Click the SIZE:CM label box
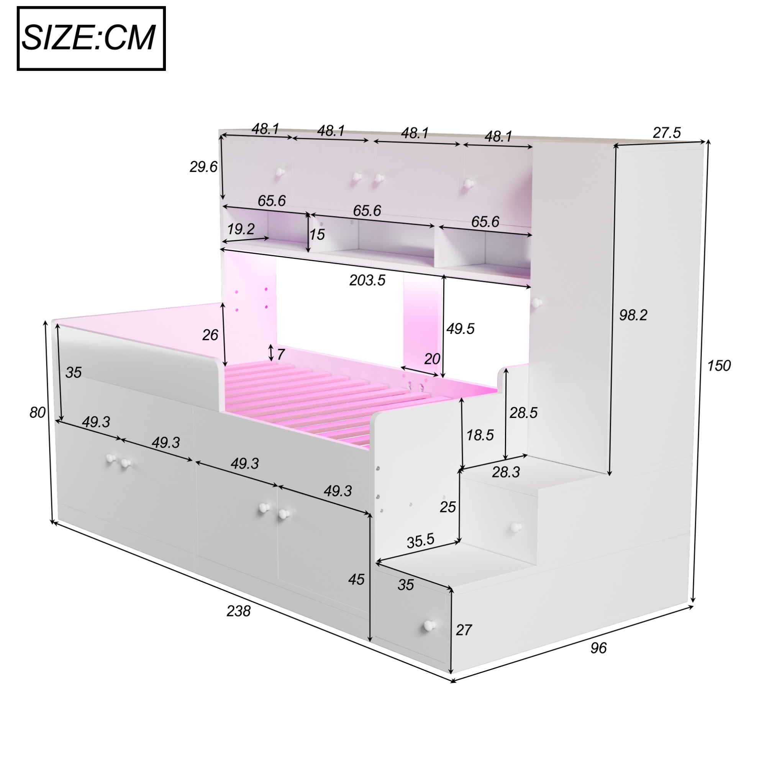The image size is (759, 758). (91, 38)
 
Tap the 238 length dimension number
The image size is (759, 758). (238, 611)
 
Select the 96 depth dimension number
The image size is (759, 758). (598, 648)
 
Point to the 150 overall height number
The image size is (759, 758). (718, 366)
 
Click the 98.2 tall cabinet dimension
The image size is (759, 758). (633, 315)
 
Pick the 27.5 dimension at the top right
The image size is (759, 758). (667, 133)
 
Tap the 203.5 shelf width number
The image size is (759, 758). (367, 280)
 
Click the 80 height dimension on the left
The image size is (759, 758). (37, 413)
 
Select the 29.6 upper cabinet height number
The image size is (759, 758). (203, 167)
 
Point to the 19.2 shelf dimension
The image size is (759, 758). (241, 229)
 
